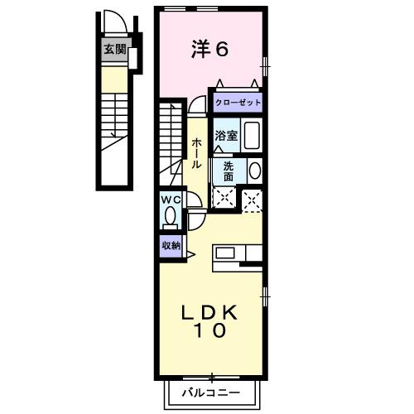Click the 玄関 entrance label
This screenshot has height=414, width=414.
[x=114, y=49]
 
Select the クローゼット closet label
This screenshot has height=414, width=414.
[x=238, y=103]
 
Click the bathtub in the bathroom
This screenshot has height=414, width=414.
[x=252, y=135]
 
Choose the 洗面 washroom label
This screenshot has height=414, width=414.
[x=228, y=171]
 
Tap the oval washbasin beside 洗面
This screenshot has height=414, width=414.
[x=254, y=171]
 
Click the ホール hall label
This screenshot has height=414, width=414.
[x=196, y=154]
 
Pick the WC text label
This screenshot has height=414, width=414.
[x=171, y=200]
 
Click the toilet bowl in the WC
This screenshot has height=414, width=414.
[x=171, y=217]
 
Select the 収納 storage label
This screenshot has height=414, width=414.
[x=171, y=245]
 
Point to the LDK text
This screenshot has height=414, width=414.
[x=210, y=312]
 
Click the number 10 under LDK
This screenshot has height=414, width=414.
[x=211, y=332]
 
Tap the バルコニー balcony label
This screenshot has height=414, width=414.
[x=211, y=392]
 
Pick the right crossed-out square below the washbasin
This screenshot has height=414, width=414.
[x=253, y=199]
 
